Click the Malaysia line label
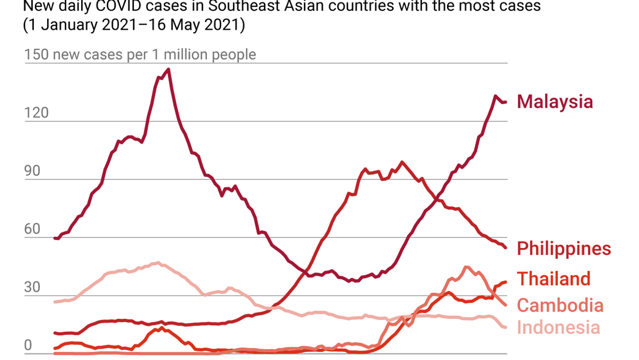tap(554, 101)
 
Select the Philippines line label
tap(564, 249)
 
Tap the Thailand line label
tap(553, 279)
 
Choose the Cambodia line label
tap(559, 305)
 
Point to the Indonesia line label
tap(558, 327)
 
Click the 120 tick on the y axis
tap(36, 112)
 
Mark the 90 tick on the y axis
tap(32, 171)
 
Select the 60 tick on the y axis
tap(32, 229)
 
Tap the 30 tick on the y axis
tap(32, 287)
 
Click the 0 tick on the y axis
tap(28, 345)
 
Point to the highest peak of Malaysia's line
tap(168, 69)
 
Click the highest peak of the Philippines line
tap(401, 162)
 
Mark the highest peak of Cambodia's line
tap(466, 267)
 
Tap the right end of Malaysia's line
tap(506, 102)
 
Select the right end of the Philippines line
tap(506, 248)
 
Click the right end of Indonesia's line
tap(506, 327)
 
